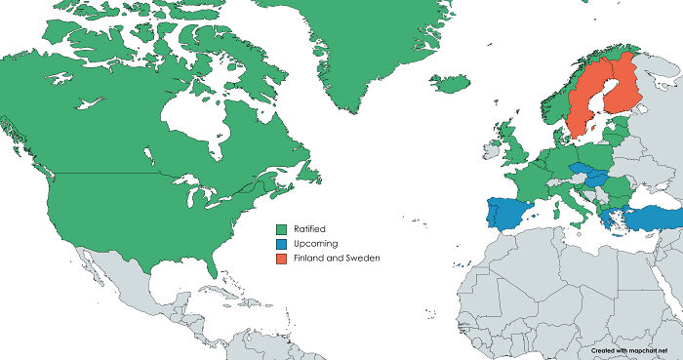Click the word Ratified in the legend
(x=309, y=228)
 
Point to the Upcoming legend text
(x=313, y=243)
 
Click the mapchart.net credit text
(x=633, y=348)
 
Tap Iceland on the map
(x=449, y=84)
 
